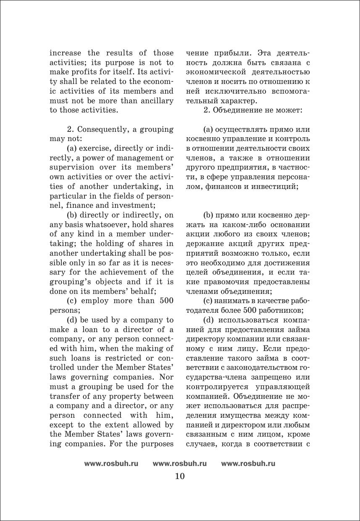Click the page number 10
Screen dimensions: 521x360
tap(179, 476)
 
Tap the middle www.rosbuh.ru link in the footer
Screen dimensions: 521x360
tap(179, 463)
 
